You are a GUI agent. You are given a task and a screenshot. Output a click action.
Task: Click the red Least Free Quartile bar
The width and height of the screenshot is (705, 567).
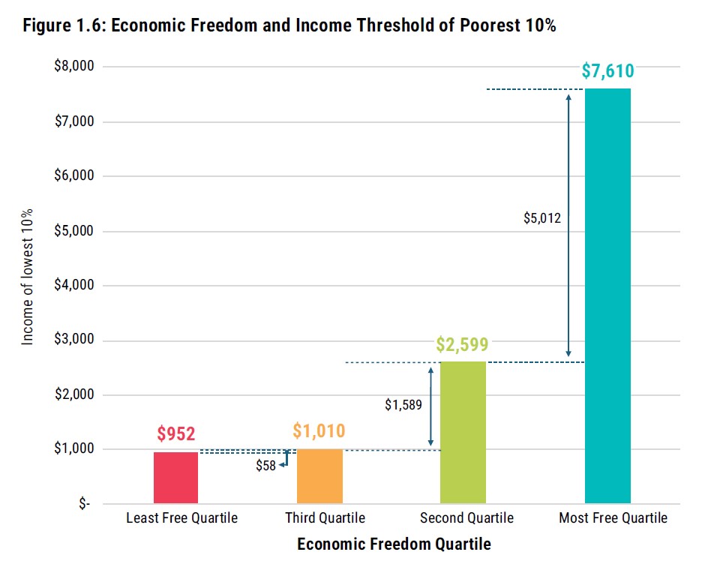pos(175,478)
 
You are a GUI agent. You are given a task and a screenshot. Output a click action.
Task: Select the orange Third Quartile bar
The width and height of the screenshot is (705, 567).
pos(319,476)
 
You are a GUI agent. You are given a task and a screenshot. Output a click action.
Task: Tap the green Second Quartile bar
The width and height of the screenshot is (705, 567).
pos(463,432)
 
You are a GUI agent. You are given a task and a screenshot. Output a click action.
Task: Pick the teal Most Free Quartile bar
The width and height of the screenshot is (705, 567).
pos(607,295)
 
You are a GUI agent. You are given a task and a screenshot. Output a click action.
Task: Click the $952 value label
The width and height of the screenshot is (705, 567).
pos(175,433)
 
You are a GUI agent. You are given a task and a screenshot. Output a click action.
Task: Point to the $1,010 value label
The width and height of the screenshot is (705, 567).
pos(319,430)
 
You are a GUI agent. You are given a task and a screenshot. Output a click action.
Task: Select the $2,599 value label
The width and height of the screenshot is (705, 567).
pos(463,344)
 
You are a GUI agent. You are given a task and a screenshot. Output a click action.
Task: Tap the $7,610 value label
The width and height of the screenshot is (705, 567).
pos(607,71)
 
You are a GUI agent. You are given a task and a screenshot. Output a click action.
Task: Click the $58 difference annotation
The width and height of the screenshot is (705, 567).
pos(265,466)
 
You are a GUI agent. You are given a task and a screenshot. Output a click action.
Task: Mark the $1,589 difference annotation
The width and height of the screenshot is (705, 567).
pos(403,405)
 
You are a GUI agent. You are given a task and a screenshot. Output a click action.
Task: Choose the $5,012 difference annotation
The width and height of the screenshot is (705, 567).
pos(542,218)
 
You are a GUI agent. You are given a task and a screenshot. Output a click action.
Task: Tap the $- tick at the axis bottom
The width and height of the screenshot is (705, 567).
pos(84,504)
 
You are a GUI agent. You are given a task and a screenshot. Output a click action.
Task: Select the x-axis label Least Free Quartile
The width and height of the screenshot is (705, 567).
pos(181,518)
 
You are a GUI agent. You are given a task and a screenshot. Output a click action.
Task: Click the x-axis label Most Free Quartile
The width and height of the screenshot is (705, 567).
pos(613,518)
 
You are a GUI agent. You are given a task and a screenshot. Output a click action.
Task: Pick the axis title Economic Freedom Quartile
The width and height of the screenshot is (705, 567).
pos(394,544)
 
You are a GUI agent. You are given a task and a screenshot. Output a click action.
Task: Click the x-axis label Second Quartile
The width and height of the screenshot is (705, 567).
pos(466,518)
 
